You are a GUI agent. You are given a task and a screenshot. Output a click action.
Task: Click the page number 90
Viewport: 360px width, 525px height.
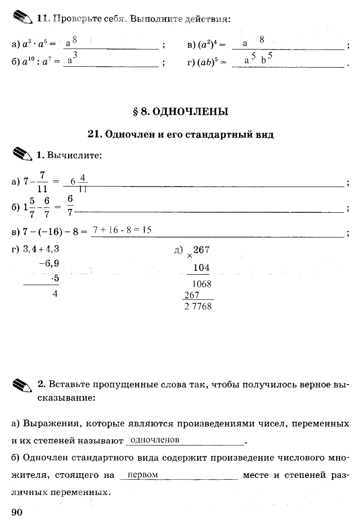(x=16, y=512)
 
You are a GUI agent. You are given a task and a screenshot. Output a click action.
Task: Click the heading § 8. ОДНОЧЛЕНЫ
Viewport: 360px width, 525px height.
(x=180, y=112)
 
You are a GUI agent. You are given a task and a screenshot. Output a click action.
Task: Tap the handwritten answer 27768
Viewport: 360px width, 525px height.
(x=198, y=307)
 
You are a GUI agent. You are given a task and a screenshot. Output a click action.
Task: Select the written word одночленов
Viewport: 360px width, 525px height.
(x=154, y=440)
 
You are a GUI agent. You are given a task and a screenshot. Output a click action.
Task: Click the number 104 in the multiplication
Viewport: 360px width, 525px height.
(x=201, y=268)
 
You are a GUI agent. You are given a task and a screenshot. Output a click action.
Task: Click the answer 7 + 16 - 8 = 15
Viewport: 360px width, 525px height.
(x=122, y=230)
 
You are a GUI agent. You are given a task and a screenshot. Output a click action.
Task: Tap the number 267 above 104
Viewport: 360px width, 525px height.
(x=201, y=250)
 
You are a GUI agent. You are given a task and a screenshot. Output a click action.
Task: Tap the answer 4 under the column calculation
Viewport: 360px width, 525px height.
(x=55, y=294)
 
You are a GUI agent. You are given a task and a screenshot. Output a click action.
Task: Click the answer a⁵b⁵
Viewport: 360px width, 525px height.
(x=258, y=59)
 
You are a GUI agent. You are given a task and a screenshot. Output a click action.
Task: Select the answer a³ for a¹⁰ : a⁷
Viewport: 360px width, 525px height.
(x=73, y=59)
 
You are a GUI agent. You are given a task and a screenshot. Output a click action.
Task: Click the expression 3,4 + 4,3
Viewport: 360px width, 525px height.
(x=41, y=248)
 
